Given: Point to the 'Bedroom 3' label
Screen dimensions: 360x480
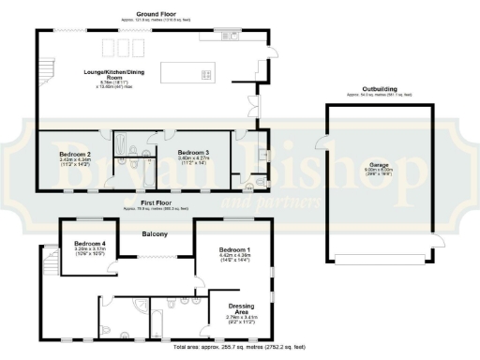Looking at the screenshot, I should (x=195, y=151).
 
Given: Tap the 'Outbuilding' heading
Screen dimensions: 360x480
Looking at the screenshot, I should (x=378, y=89).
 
